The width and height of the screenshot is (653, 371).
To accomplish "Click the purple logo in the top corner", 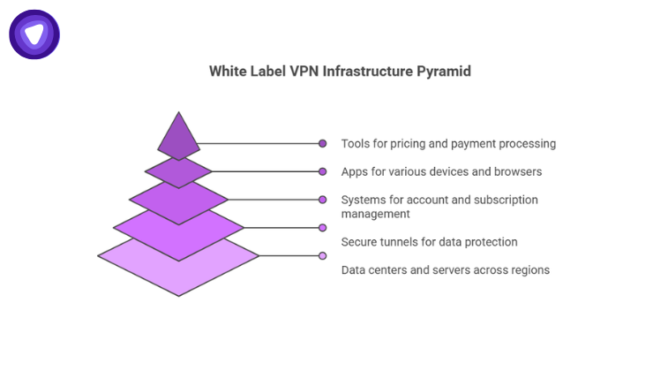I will pyautogui.click(x=34, y=34).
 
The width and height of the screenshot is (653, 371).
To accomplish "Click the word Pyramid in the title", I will pyautogui.click(x=445, y=71).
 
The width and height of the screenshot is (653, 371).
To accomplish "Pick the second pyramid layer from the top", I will pyautogui.click(x=179, y=171).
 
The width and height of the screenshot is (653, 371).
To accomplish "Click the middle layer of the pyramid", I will pyautogui.click(x=179, y=201).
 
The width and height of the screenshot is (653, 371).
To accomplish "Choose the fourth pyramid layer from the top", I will pyautogui.click(x=179, y=230).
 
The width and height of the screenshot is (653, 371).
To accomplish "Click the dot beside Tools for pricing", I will pyautogui.click(x=323, y=143).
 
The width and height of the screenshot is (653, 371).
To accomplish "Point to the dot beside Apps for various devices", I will pyautogui.click(x=323, y=171).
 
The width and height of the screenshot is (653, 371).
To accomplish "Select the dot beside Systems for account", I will pyautogui.click(x=323, y=200).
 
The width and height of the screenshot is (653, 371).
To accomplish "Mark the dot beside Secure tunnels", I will pyautogui.click(x=323, y=228).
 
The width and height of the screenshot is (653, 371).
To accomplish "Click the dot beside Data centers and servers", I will pyautogui.click(x=323, y=256).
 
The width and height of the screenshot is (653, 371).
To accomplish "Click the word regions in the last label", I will pyautogui.click(x=528, y=269).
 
